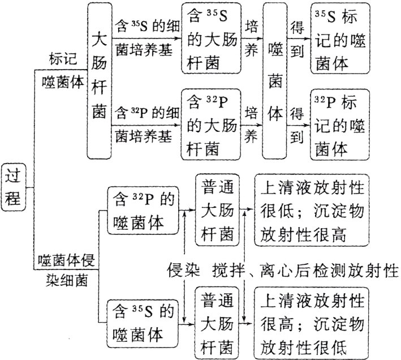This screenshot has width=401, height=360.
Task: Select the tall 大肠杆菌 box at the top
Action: pyautogui.click(x=100, y=80)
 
